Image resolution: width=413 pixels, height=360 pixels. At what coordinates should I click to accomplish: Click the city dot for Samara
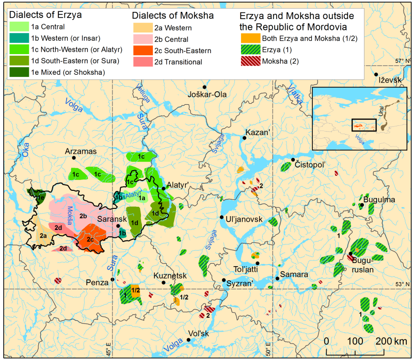277,279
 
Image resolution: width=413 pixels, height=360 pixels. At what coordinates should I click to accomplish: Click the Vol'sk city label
198,333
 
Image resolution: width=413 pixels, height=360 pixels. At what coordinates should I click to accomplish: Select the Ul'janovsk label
245,220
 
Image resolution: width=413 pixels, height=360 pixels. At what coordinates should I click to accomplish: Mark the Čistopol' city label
313,164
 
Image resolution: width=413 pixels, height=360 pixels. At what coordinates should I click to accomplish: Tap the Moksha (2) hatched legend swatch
249,62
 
